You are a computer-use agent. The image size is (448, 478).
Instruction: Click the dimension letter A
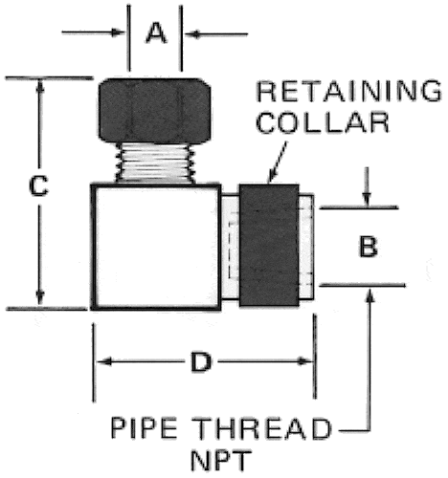(x=156, y=33)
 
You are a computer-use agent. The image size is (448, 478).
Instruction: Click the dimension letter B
(x=369, y=246)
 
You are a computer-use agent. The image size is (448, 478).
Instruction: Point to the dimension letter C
(x=38, y=185)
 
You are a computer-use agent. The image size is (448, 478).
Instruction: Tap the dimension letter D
(x=201, y=361)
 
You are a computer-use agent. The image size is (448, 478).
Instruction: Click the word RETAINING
(x=349, y=91)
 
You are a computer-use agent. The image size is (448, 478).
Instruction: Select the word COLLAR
(x=323, y=122)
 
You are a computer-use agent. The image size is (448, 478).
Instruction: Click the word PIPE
(x=144, y=428)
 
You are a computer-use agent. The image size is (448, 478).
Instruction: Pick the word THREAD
(x=263, y=428)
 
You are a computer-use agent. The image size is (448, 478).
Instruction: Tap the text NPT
(x=220, y=460)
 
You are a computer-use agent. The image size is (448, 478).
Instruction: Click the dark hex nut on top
(x=154, y=110)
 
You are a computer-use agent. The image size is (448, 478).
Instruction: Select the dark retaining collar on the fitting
(x=269, y=246)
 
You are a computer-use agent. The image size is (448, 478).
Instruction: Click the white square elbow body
(x=156, y=247)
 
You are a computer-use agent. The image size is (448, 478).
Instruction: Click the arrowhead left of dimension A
(x=118, y=33)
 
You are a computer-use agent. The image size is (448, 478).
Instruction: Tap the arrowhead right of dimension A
(x=192, y=33)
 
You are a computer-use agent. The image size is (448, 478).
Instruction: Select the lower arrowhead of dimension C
(x=39, y=298)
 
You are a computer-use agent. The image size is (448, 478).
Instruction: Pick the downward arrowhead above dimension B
(x=367, y=200)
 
